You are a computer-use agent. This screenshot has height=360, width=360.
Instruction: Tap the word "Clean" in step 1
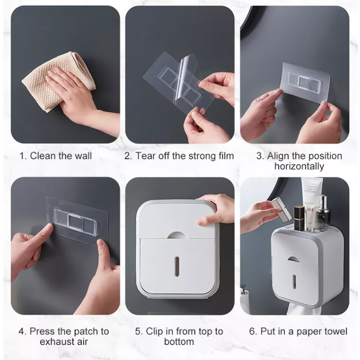[x=43, y=156]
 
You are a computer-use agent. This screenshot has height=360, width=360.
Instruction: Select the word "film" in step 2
[x=225, y=156]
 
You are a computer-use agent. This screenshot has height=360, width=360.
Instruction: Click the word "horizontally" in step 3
[x=299, y=166]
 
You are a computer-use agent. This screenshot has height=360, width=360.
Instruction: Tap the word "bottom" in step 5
[x=179, y=342]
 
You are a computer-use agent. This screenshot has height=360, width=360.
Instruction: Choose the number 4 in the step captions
[x=21, y=332]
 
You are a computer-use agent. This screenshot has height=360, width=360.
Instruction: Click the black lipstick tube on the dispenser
[x=299, y=218]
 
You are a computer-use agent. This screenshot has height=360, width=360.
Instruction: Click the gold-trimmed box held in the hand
[x=281, y=209]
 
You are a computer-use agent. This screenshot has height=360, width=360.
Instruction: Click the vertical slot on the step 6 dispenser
[x=294, y=281]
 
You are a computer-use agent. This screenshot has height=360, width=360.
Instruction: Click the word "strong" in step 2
[x=201, y=156]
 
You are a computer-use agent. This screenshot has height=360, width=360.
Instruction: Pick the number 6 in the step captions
[x=252, y=332]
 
